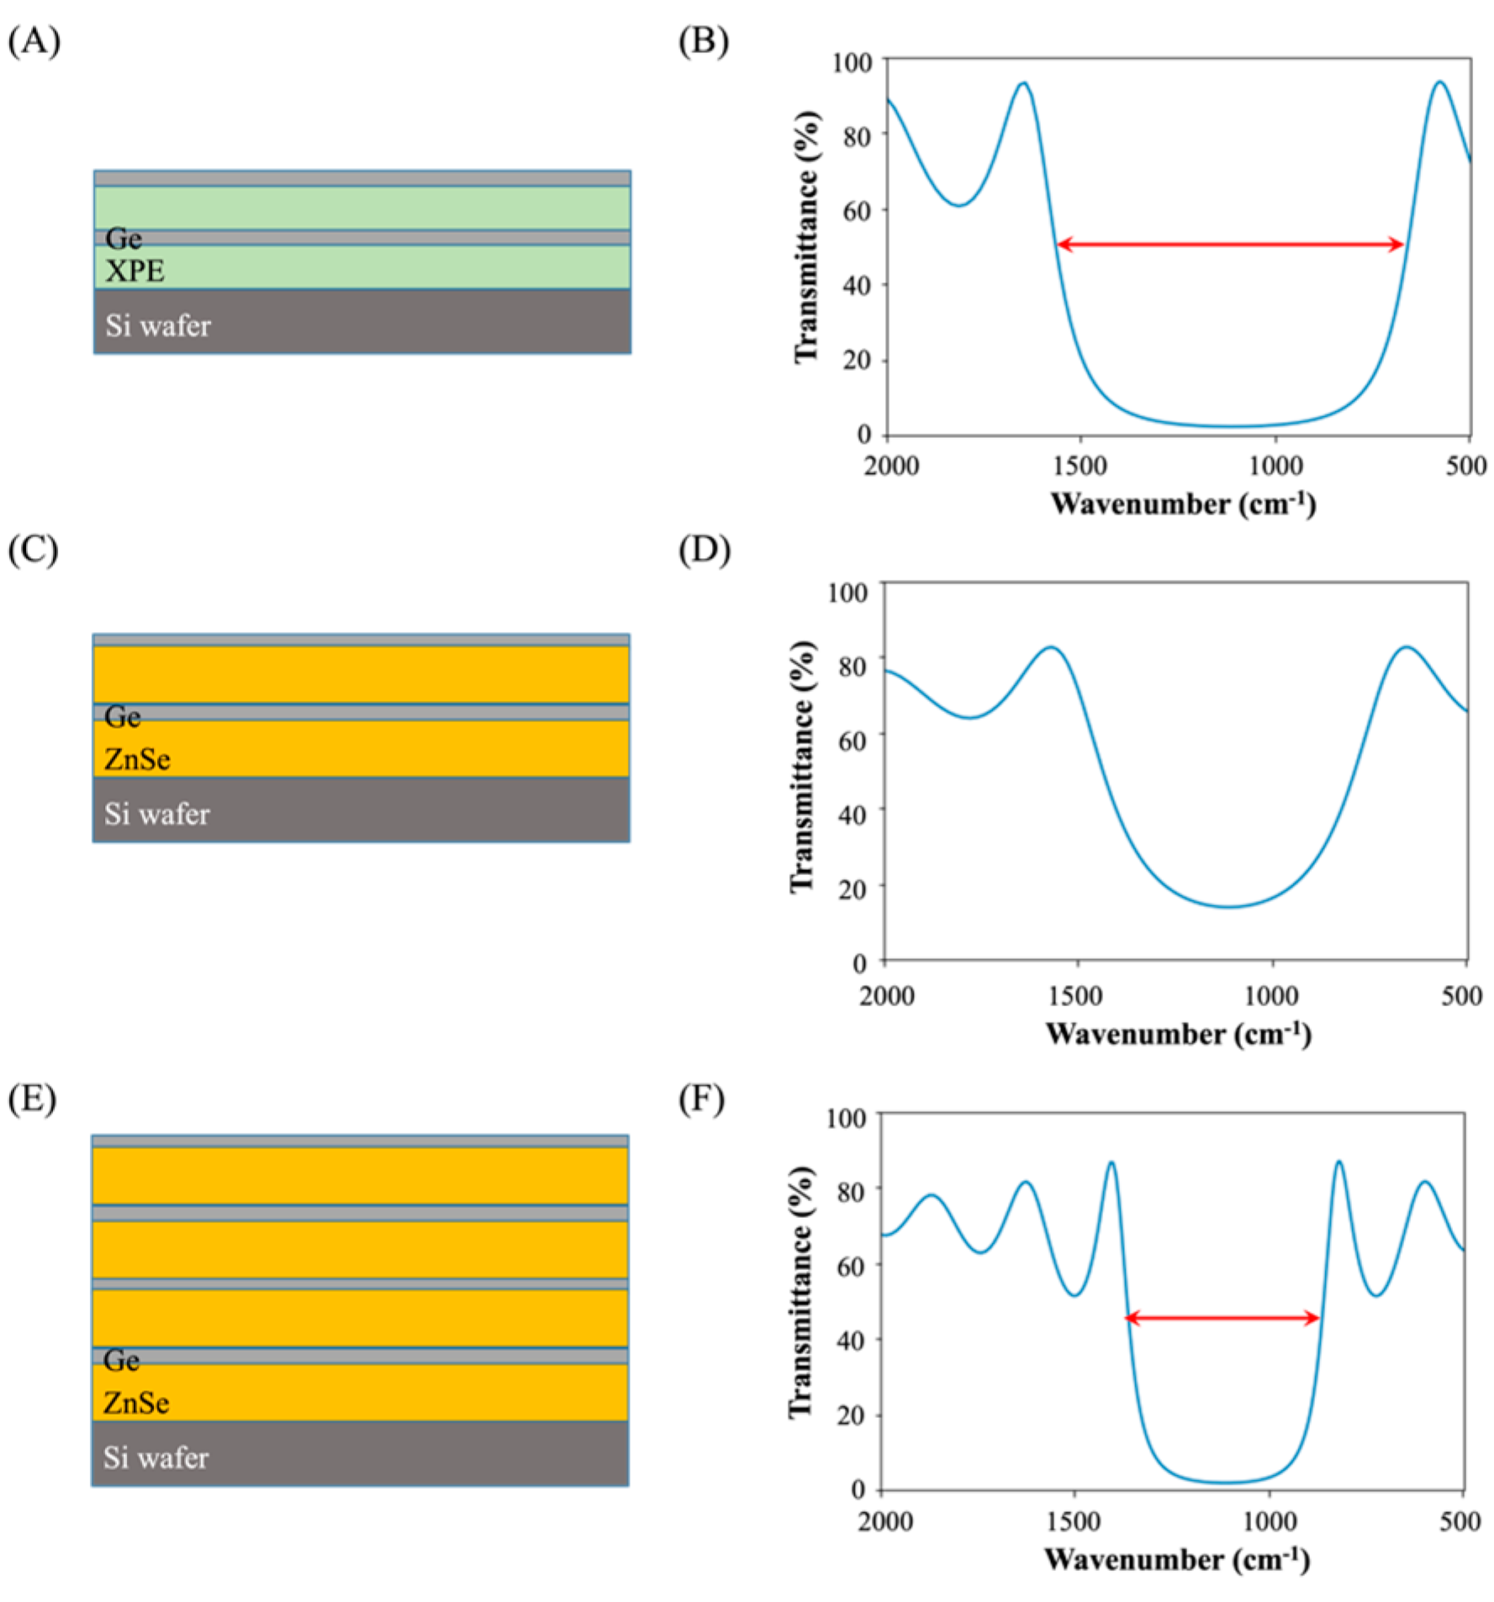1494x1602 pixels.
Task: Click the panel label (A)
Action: [x=34, y=40]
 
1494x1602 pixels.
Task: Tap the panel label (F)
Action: [x=701, y=1099]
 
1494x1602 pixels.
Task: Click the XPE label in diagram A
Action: [x=135, y=271]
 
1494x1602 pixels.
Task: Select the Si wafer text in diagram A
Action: [x=158, y=325]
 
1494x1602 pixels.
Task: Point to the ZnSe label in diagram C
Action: [x=137, y=759]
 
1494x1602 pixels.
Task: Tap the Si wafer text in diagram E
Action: [x=156, y=1457]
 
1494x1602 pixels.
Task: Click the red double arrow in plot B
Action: [x=1229, y=245]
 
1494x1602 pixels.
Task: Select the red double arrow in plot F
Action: [x=1222, y=1318]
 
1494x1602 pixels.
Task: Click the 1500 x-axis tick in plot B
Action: [x=1080, y=465]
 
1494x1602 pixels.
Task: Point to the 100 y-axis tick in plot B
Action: [x=852, y=62]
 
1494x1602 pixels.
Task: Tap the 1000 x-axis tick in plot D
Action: [x=1270, y=995]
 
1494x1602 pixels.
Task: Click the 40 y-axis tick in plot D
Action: [x=853, y=814]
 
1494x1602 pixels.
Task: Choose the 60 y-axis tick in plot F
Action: [x=851, y=1266]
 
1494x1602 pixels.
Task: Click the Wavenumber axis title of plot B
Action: [x=1182, y=503]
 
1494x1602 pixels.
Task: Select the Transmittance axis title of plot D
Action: [x=802, y=767]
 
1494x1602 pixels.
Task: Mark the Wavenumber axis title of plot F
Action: [x=1176, y=1559]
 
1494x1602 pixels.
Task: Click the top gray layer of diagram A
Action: [x=362, y=178]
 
